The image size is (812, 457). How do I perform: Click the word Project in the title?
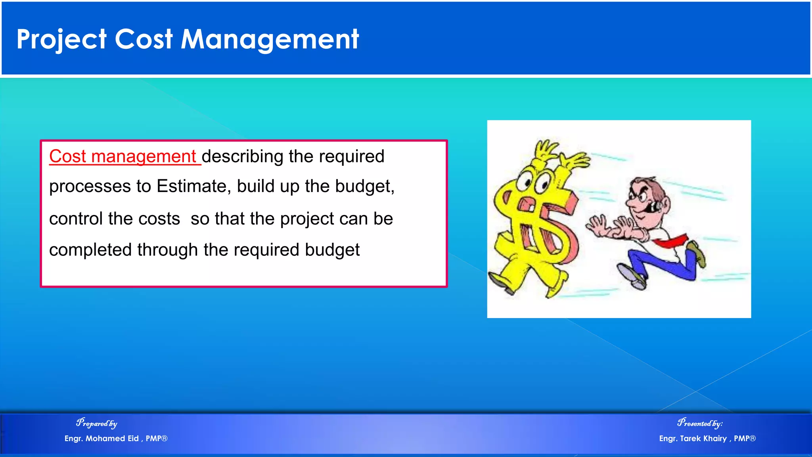click(61, 40)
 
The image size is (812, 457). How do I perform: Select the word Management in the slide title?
click(270, 40)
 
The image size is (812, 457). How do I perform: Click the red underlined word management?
click(144, 156)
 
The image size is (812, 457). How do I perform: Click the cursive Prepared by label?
click(97, 423)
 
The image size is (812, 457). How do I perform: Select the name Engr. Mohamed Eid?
click(102, 438)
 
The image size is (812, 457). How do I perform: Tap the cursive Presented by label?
click(700, 423)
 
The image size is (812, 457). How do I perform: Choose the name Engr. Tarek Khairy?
click(693, 438)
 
